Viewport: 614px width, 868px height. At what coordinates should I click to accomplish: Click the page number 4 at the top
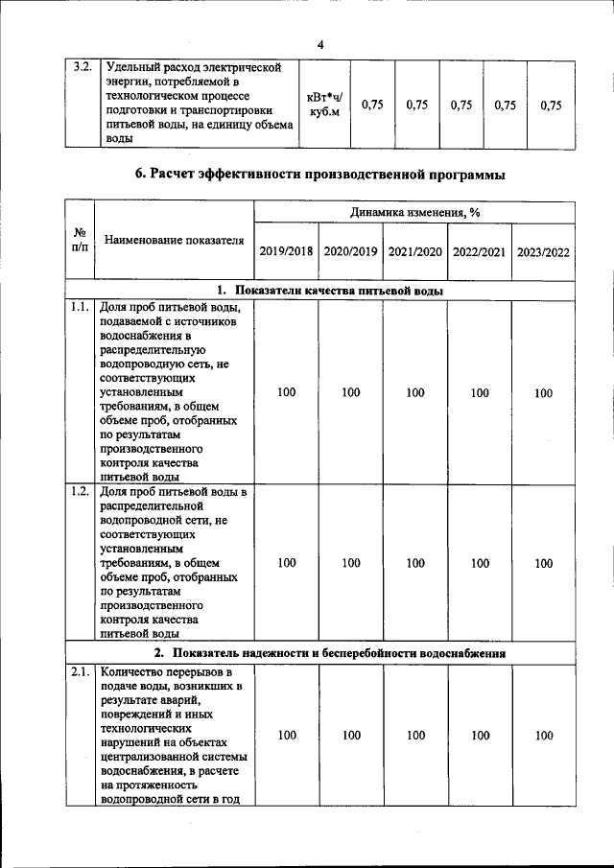coord(320,44)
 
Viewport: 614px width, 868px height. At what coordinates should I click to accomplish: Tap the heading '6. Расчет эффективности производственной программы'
coord(320,174)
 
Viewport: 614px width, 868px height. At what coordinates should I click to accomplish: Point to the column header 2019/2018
coord(286,252)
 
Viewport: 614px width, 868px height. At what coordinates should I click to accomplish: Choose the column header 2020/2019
coord(350,252)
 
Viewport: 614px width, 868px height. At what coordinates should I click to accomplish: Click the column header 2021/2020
coord(414,252)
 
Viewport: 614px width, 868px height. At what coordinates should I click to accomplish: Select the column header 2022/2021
coord(479,252)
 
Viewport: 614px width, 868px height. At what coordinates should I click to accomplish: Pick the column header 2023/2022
coord(543,252)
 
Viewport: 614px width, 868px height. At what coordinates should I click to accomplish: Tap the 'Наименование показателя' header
coord(175,240)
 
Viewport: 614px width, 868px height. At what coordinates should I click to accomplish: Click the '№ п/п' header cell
coord(80,240)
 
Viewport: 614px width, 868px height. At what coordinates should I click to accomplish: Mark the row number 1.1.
coord(80,308)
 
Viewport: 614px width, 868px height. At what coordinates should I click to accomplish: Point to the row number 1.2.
coord(80,493)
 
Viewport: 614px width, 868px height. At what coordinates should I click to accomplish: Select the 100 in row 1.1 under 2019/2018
coord(286,392)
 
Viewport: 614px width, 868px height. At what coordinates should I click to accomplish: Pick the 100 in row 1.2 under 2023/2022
coord(543,563)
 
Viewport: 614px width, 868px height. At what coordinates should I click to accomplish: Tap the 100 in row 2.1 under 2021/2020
coord(414,736)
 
